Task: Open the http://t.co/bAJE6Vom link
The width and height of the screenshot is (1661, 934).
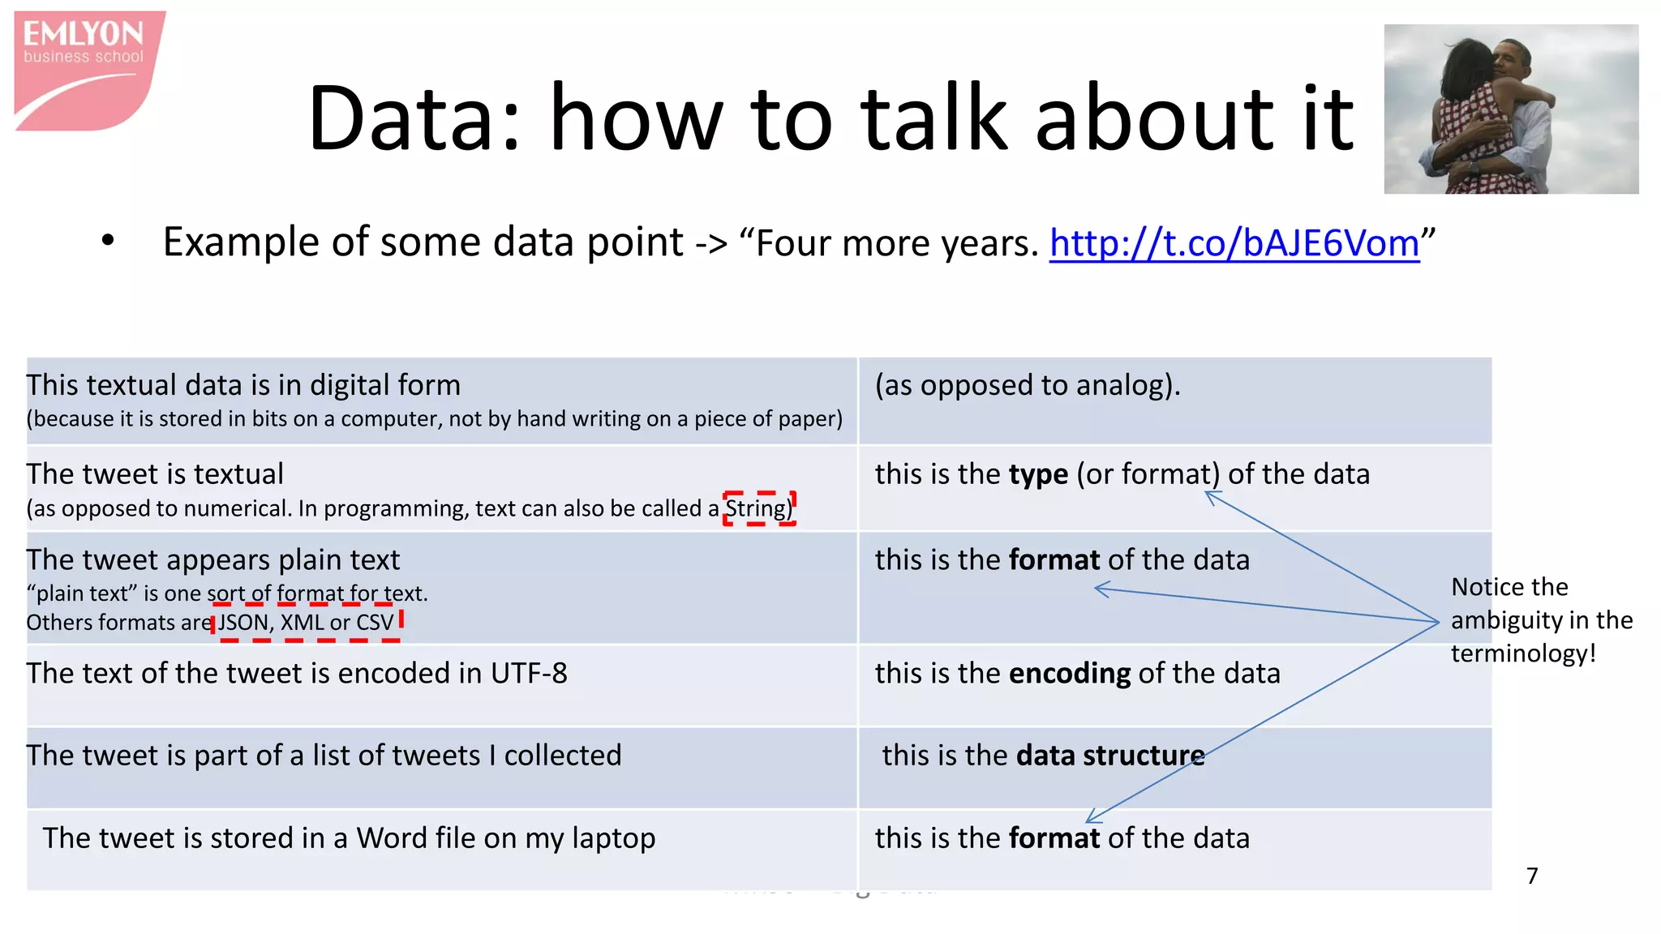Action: pos(1234,243)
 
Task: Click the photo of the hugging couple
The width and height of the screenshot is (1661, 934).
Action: pos(1510,109)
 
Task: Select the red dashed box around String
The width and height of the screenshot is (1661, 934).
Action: pos(759,508)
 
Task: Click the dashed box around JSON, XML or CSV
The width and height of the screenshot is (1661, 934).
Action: pos(307,623)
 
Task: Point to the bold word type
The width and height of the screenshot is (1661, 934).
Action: pos(1038,474)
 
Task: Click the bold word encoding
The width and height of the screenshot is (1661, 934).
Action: pos(1070,674)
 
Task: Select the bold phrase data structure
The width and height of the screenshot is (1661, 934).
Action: pos(1109,756)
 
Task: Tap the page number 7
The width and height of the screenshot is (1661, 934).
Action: pos(1531,876)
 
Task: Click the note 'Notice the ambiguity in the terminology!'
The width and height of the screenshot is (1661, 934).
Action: pos(1540,620)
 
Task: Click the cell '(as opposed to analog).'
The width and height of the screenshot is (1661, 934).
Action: pos(1027,385)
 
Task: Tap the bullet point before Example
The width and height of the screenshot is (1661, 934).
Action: pos(108,241)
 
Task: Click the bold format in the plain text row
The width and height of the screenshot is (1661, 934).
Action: pos(1054,560)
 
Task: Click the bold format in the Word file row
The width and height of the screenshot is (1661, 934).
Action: pos(1054,838)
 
